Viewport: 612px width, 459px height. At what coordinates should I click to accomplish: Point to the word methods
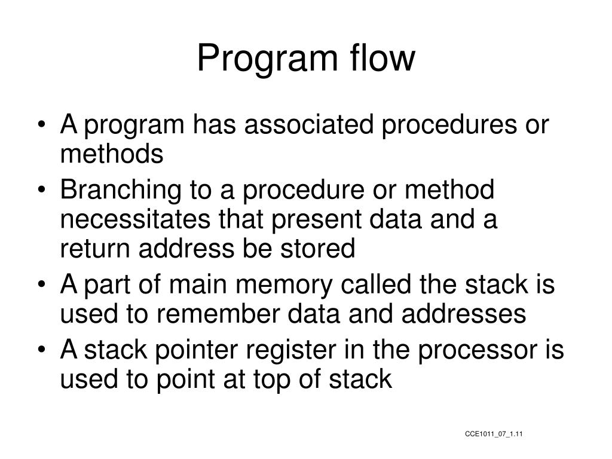point(111,155)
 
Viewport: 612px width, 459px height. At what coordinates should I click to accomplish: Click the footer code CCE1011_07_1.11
point(494,433)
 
